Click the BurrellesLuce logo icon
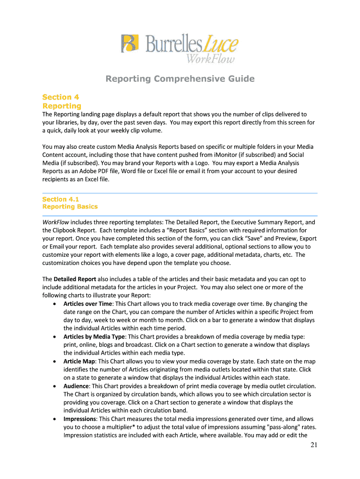coord(130,44)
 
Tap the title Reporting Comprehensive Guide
coord(180,79)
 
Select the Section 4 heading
coord(60,97)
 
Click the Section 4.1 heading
coord(60,199)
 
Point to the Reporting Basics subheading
coord(70,206)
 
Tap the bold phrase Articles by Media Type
coord(94,336)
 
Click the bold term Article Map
coord(79,361)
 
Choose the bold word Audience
coord(76,386)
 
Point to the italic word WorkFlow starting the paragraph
coord(56,222)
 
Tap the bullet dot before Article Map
coord(55,362)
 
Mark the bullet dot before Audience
coord(55,386)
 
